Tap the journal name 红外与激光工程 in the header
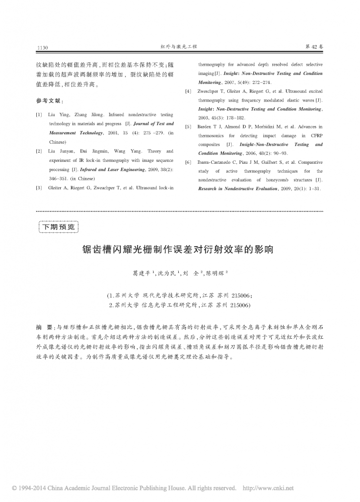point(179,47)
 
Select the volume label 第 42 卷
point(314,47)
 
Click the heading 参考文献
point(49,100)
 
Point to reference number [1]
point(39,115)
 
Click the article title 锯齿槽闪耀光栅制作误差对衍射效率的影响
point(179,249)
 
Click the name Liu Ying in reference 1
point(58,115)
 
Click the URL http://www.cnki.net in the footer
point(268,488)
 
